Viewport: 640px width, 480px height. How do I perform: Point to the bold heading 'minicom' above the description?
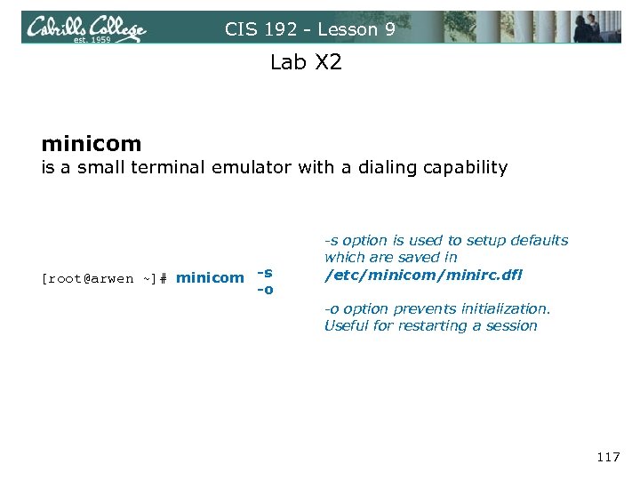point(91,143)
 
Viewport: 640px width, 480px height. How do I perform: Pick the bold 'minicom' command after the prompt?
point(210,278)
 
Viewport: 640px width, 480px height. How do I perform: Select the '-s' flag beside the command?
point(265,271)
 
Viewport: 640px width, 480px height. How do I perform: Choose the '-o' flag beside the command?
point(265,289)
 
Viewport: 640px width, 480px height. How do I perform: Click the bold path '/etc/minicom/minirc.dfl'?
point(423,275)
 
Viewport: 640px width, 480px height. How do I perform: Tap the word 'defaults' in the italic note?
point(536,240)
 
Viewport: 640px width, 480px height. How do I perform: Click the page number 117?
point(607,458)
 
